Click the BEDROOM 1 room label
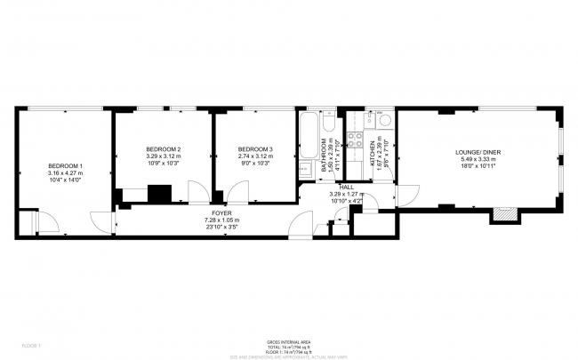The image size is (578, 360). [65, 166]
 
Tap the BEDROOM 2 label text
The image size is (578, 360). [164, 148]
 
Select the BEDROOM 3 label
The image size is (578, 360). [255, 148]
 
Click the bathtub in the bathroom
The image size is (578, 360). [309, 134]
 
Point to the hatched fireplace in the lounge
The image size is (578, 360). [503, 214]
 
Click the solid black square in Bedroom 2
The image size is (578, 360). [160, 193]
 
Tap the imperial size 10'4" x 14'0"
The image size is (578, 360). [65, 180]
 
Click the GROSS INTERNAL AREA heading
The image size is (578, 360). [288, 341]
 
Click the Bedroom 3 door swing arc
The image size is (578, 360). [238, 191]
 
